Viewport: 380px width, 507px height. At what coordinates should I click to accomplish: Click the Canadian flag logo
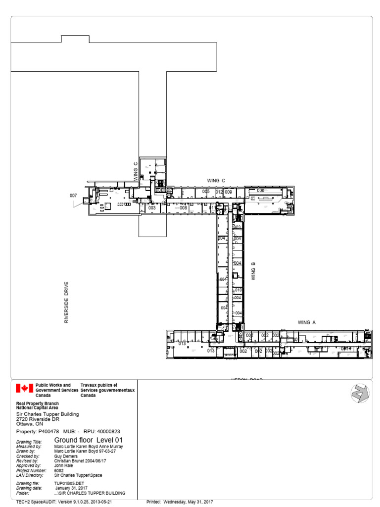[24, 388]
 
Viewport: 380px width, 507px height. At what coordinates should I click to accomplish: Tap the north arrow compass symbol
[360, 394]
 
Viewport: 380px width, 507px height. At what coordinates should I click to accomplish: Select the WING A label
[307, 322]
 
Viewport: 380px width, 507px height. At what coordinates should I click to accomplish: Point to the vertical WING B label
[253, 271]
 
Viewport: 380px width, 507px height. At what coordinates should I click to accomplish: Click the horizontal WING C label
[216, 181]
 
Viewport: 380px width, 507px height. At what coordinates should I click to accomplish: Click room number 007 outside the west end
[73, 196]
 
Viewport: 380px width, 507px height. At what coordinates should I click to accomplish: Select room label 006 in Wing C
[260, 191]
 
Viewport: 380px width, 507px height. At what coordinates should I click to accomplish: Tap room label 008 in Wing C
[183, 208]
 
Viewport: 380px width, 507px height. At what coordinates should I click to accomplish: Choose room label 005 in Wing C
[206, 192]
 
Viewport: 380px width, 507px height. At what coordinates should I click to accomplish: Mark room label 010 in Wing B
[238, 290]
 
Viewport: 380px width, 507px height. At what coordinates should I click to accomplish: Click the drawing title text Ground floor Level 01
[88, 440]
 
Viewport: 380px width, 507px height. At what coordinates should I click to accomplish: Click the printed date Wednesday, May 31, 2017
[188, 502]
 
